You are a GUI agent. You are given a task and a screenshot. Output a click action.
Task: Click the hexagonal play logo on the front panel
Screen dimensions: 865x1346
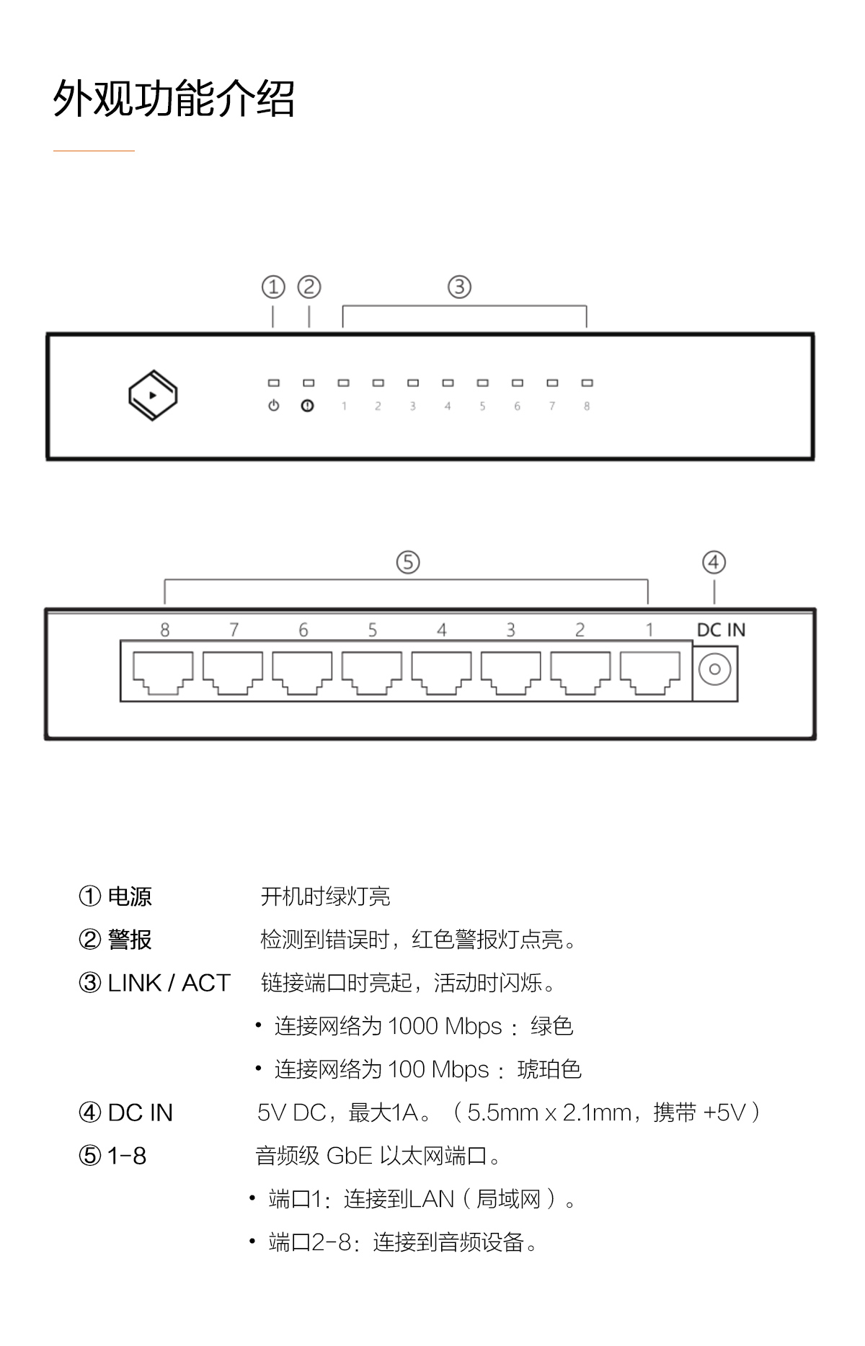153,395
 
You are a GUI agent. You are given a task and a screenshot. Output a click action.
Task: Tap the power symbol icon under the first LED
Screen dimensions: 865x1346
273,406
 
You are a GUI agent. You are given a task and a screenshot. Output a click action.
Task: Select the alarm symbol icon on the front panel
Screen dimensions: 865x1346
308,406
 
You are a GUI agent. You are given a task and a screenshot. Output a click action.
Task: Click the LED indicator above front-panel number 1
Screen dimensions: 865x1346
343,383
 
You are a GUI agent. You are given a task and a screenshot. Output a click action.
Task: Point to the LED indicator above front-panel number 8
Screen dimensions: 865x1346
587,383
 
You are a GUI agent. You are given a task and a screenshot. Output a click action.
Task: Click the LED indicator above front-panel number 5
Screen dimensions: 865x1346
482,383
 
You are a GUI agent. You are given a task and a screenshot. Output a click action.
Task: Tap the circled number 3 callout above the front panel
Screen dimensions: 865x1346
459,287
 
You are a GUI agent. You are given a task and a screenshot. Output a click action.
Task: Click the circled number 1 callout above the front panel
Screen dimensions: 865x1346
273,287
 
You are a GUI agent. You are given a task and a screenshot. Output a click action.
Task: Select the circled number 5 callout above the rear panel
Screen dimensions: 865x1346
408,562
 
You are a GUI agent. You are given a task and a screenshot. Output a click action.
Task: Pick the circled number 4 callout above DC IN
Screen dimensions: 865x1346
714,562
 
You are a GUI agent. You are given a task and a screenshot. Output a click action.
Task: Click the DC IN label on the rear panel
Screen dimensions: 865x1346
721,630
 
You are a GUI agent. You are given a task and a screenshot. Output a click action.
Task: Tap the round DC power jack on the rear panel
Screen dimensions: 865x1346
714,669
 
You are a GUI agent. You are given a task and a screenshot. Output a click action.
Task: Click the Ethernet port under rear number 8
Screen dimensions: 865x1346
163,673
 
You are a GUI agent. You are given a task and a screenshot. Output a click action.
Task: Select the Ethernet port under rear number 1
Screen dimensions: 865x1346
650,673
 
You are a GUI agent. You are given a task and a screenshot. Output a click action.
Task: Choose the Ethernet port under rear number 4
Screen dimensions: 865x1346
441,673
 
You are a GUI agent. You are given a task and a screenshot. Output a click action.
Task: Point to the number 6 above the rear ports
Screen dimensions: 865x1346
303,630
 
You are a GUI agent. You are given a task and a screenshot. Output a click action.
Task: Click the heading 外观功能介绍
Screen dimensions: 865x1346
174,98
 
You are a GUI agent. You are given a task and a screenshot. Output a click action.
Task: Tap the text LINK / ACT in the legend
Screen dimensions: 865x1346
169,983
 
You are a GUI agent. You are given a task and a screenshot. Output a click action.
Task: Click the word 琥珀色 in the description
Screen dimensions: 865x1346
549,1069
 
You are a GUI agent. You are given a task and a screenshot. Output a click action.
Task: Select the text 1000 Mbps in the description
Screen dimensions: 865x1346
445,1026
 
